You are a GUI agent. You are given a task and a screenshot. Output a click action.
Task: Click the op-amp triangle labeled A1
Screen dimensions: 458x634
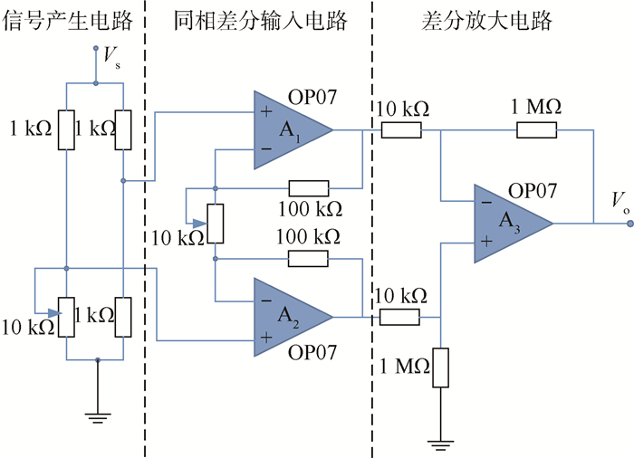pos(288,130)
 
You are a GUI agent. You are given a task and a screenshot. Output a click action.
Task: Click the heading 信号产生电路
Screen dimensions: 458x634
pos(65,20)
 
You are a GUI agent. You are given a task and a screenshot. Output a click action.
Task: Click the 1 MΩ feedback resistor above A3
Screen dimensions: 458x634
pos(537,130)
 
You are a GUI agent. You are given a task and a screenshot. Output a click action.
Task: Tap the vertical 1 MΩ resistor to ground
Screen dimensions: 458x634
pos(440,367)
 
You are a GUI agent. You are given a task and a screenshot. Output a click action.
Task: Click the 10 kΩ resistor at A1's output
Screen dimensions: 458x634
pos(400,130)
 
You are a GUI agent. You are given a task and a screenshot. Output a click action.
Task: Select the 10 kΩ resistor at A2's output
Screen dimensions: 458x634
pos(400,318)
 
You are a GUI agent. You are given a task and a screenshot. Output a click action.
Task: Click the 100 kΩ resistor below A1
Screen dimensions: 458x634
pos(308,188)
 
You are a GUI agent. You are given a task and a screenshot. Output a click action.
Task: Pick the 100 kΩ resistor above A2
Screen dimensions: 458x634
pos(308,258)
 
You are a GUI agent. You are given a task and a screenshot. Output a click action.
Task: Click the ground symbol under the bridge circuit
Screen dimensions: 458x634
pos(97,415)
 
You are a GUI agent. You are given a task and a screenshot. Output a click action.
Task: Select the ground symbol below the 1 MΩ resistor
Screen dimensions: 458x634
pos(440,444)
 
